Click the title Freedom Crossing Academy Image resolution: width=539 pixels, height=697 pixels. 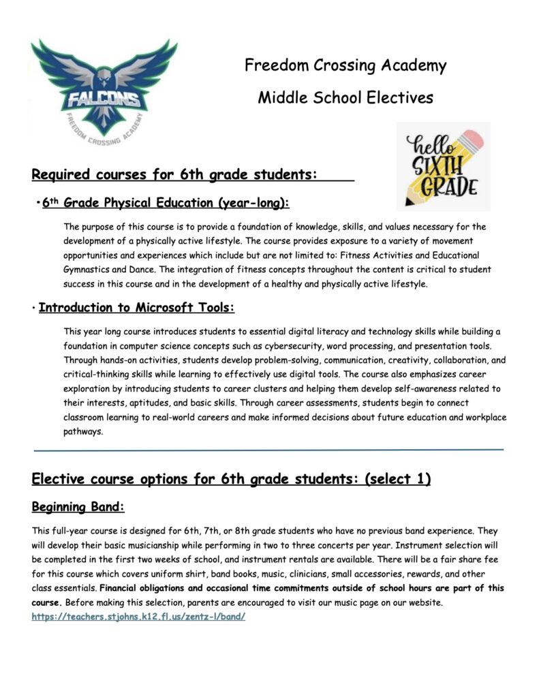coord(345,66)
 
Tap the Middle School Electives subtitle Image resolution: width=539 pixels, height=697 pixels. coord(345,97)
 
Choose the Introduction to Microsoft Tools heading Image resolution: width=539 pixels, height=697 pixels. coord(136,308)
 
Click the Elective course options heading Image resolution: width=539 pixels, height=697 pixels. coord(231,479)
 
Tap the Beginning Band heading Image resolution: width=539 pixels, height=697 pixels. coord(78,507)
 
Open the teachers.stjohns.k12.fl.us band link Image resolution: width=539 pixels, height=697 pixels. coord(138,616)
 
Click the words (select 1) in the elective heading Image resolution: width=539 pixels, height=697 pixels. coord(398,479)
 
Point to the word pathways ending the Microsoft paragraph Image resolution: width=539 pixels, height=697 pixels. coord(83,431)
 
